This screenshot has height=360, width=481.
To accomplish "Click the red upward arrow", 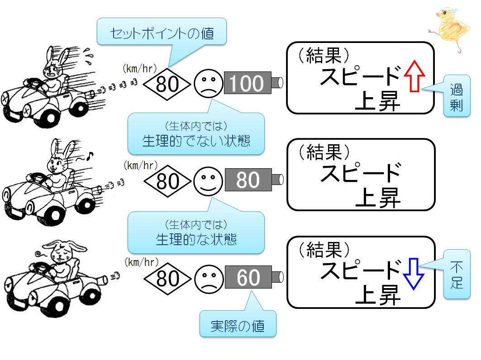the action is [x=414, y=76].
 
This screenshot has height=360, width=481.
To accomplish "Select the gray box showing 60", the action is [x=248, y=277].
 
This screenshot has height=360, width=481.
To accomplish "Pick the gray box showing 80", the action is [x=248, y=180].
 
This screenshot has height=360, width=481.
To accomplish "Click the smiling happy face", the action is [x=208, y=181].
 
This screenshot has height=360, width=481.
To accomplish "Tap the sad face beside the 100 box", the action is [x=208, y=83].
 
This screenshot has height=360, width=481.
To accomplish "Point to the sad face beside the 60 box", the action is [x=209, y=279].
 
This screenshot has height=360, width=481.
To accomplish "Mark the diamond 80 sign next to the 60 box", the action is [x=168, y=279].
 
